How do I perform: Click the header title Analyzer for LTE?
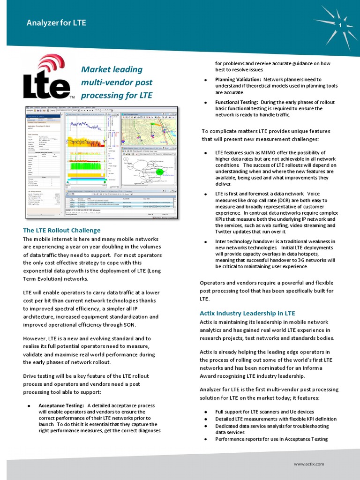click(x=56, y=22)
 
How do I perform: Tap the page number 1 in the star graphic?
click(x=339, y=24)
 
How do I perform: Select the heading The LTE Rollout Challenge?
click(x=62, y=230)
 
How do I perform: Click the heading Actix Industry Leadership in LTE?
click(x=247, y=313)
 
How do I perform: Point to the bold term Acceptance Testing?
click(x=61, y=405)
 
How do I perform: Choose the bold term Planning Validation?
click(x=238, y=80)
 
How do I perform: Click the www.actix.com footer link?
click(x=309, y=464)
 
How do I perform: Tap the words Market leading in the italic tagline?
click(x=112, y=70)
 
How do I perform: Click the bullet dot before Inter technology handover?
click(x=206, y=242)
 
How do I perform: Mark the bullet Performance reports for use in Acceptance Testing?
click(x=271, y=439)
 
